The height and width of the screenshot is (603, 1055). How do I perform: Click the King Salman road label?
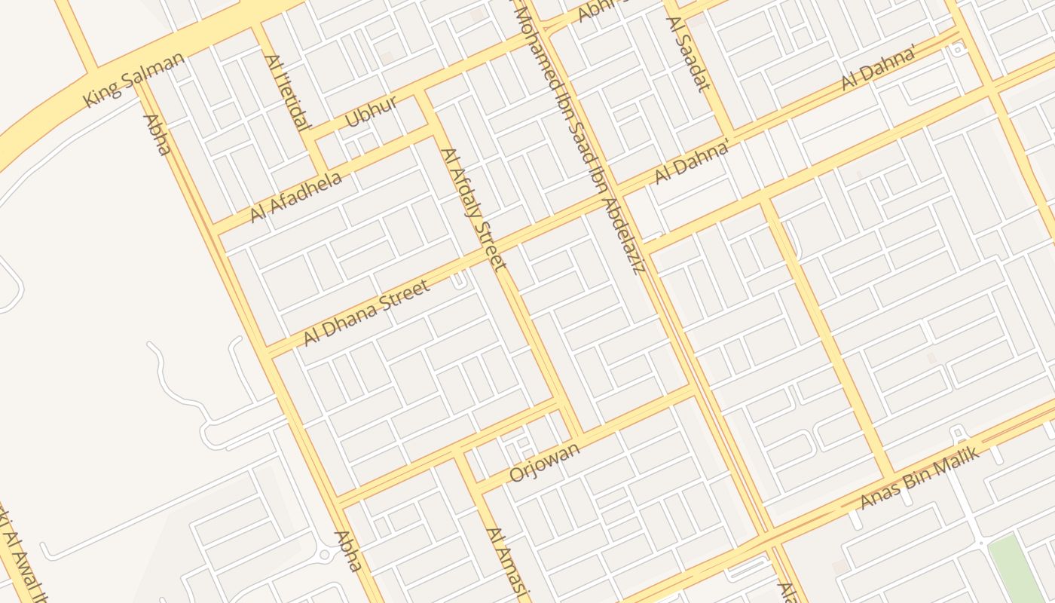point(134,79)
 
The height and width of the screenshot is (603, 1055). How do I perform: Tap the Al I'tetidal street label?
point(287,93)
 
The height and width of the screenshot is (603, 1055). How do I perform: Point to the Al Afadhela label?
point(296,197)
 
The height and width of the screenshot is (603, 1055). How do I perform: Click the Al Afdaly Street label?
point(472,209)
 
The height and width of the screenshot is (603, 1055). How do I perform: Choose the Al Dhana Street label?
point(367,312)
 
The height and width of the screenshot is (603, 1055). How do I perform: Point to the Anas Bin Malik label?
point(920,476)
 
